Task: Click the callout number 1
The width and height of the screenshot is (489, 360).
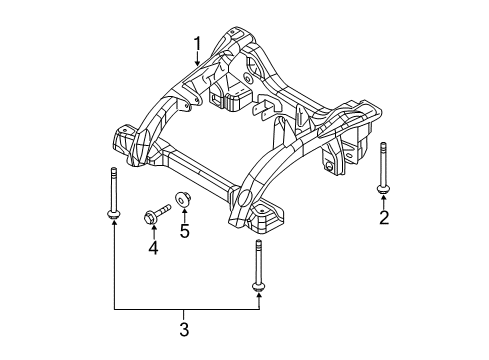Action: click(x=198, y=43)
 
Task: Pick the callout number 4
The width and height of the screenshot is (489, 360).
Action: click(x=154, y=246)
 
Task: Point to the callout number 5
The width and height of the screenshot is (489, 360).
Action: click(x=185, y=233)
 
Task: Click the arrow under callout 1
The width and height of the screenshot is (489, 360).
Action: click(x=198, y=60)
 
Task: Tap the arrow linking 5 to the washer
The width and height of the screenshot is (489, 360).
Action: click(x=185, y=216)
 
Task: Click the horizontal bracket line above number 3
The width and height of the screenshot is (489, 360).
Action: click(x=185, y=309)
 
